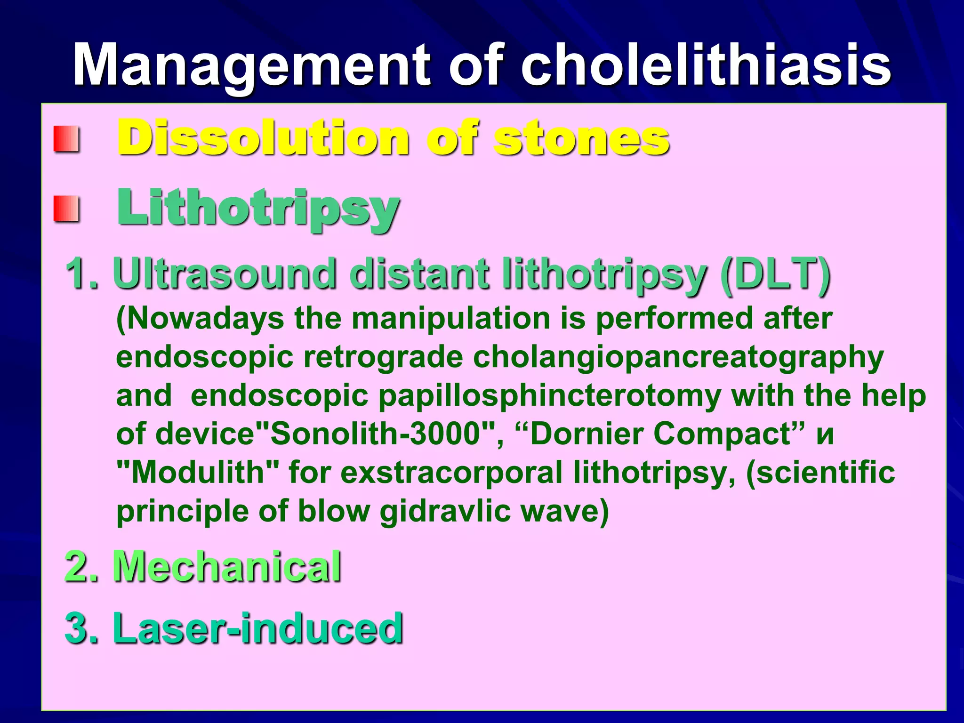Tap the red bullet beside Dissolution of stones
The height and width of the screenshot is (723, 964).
[x=65, y=139]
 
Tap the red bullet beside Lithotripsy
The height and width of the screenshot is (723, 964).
[x=65, y=209]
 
